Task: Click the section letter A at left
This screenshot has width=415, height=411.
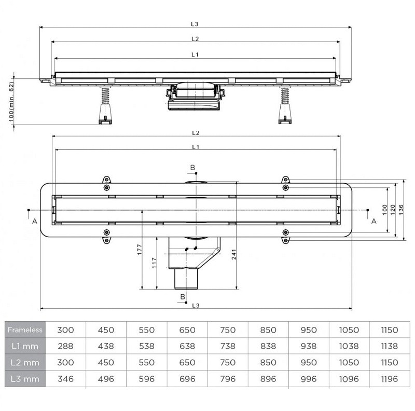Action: (x=35, y=221)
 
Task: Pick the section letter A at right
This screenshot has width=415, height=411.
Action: (x=373, y=221)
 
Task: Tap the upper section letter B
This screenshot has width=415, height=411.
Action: (x=192, y=167)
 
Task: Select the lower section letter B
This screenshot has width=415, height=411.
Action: (x=183, y=296)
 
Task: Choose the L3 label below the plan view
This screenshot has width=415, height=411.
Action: (x=195, y=306)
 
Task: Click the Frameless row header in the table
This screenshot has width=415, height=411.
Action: (x=25, y=330)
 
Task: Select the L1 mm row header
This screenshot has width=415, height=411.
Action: (x=25, y=346)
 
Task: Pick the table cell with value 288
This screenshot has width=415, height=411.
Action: (x=66, y=346)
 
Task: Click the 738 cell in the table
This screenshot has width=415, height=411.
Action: (x=227, y=346)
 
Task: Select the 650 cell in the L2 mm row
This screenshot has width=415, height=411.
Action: (x=187, y=362)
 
